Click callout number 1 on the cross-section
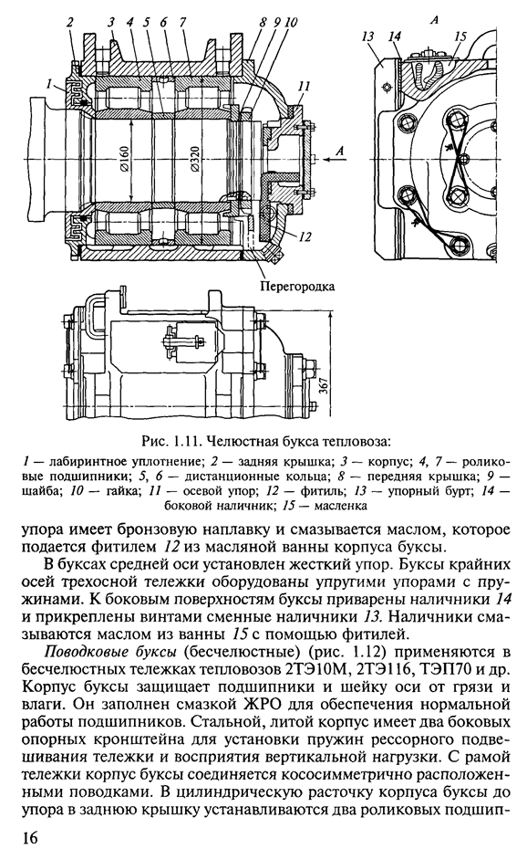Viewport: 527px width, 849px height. pyautogui.click(x=50, y=85)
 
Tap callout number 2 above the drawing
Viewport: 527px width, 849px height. pyautogui.click(x=71, y=22)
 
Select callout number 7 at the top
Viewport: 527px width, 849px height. pyautogui.click(x=182, y=22)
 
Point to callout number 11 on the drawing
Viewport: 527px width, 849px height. pyautogui.click(x=305, y=86)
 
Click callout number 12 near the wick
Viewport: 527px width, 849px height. pyautogui.click(x=305, y=236)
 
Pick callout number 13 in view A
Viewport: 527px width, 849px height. pyautogui.click(x=368, y=37)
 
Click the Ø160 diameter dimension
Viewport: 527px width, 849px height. pyautogui.click(x=124, y=162)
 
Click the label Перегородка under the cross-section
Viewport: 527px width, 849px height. pyautogui.click(x=297, y=286)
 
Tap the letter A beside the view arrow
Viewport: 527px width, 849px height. pyautogui.click(x=339, y=152)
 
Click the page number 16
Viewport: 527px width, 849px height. pyautogui.click(x=30, y=837)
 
